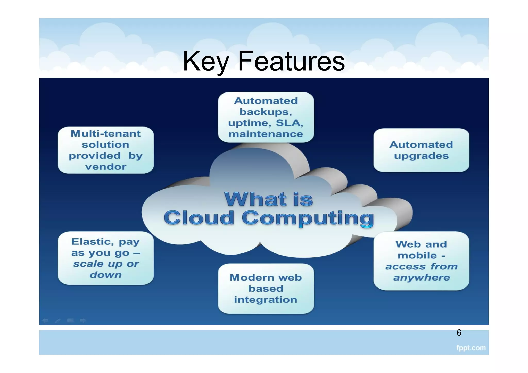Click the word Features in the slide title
click(x=291, y=61)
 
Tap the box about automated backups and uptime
click(x=266, y=117)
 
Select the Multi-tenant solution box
click(x=106, y=150)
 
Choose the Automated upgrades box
click(x=421, y=150)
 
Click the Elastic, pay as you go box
click(x=106, y=258)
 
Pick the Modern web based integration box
click(x=266, y=289)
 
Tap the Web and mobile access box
click(x=421, y=261)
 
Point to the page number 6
click(x=459, y=333)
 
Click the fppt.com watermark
click(x=471, y=348)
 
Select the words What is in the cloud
click(x=268, y=199)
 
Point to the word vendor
click(x=106, y=167)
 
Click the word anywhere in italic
click(x=422, y=278)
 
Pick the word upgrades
click(x=421, y=156)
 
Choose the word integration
click(x=266, y=300)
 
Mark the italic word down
click(x=106, y=275)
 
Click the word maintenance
click(x=266, y=134)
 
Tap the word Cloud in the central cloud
click(x=199, y=218)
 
